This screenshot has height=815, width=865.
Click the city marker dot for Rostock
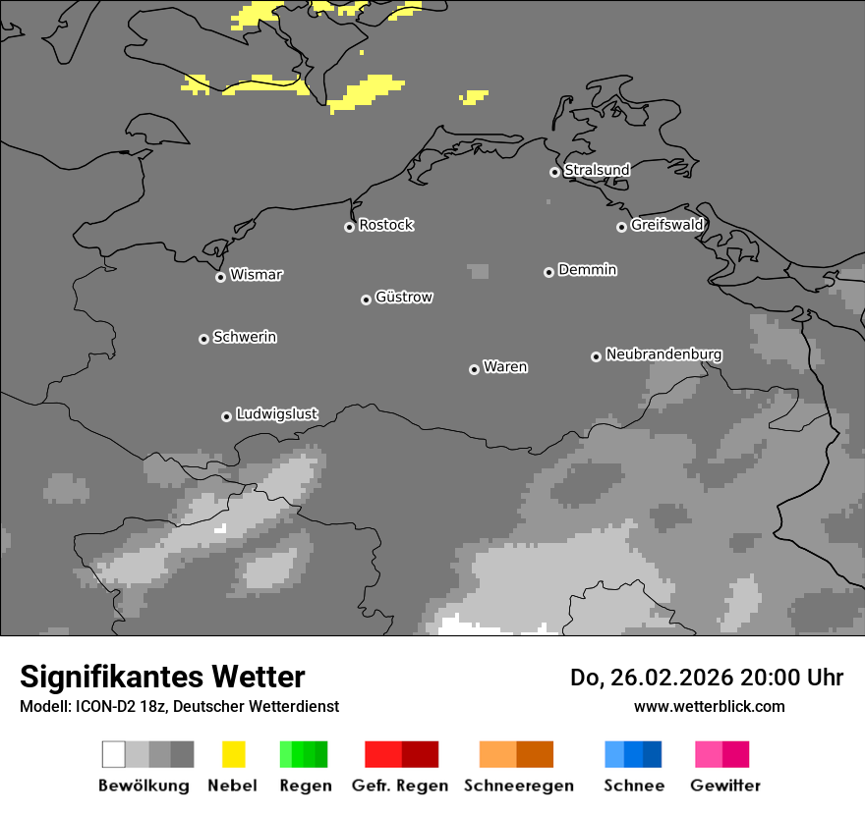[349, 227]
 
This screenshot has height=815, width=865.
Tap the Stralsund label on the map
[597, 170]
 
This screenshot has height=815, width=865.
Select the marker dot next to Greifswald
[621, 227]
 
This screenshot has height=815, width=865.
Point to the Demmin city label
[587, 269]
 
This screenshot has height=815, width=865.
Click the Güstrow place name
[404, 297]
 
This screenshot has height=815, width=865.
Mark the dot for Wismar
[220, 277]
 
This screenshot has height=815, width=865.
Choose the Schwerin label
[245, 337]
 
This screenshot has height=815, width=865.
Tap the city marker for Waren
[474, 369]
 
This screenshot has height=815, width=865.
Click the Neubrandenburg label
[663, 353]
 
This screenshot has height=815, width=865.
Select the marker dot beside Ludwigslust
[226, 416]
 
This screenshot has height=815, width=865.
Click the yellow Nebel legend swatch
[233, 754]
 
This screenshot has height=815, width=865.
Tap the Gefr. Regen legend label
[400, 786]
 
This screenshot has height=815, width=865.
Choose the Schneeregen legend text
[518, 786]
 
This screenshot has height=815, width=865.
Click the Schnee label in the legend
[633, 786]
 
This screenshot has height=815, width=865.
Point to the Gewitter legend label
[724, 786]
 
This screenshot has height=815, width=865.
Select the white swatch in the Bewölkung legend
[114, 754]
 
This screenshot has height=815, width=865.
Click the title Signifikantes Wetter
[162, 677]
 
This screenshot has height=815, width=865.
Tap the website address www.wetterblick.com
[709, 706]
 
